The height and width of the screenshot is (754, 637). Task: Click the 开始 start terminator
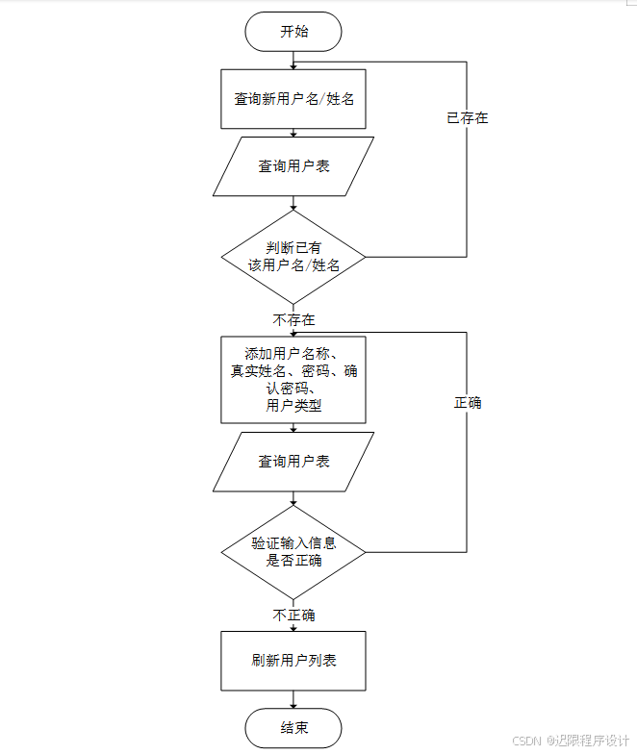pos(293,32)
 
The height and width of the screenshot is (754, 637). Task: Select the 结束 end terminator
pos(293,728)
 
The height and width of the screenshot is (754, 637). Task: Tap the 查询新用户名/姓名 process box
pos(293,98)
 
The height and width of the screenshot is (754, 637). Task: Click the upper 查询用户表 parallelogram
pos(293,166)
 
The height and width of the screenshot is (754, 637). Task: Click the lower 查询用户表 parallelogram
pos(293,462)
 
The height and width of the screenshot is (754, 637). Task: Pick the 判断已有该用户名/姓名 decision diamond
pos(293,257)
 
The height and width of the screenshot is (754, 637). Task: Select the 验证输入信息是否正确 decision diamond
pos(293,552)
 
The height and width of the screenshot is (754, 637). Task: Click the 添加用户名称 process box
pos(293,378)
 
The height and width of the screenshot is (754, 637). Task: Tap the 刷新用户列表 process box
pos(293,661)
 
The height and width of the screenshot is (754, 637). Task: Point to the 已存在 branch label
pos(468,118)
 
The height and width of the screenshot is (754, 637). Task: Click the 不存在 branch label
pos(293,319)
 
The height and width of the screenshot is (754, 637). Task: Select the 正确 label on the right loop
pos(468,403)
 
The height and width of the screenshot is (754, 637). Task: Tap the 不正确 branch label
pos(293,615)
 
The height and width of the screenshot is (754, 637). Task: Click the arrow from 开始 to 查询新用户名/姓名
pos(293,60)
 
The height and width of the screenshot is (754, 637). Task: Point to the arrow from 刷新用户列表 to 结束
pos(293,699)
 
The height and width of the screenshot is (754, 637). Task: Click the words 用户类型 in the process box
pos(293,406)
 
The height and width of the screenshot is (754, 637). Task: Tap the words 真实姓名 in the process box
pos(260,371)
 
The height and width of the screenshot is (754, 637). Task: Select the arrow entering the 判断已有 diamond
pos(293,203)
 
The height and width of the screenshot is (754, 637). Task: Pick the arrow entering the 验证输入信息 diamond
pos(293,498)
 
